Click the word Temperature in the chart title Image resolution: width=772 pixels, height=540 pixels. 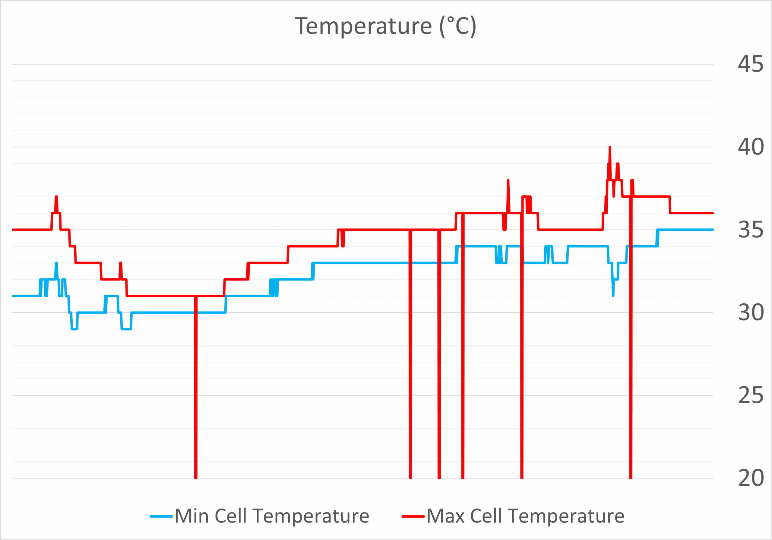click(363, 26)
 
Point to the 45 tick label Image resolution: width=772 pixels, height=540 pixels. click(751, 64)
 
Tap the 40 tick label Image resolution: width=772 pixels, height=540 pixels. click(751, 147)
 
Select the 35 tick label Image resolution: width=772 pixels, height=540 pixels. click(751, 230)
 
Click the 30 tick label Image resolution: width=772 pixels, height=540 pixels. click(751, 313)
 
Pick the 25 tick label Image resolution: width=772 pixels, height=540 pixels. click(751, 395)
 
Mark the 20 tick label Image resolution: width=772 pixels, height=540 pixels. click(751, 478)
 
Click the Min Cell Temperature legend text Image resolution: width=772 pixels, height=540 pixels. click(272, 516)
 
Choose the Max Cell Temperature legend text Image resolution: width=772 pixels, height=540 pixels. click(525, 516)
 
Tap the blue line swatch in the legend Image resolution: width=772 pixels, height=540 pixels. click(161, 516)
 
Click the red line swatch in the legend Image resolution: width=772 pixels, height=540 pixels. click(413, 516)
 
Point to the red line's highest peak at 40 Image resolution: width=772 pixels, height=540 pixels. click(609, 148)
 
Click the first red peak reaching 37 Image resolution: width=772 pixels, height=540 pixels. click(56, 197)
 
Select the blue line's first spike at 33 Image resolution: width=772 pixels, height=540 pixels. click(56, 264)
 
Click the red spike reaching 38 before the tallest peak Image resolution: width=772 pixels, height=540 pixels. click(508, 181)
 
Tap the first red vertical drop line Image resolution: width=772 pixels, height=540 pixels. click(196, 387)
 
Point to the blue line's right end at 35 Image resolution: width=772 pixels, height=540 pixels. click(712, 230)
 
